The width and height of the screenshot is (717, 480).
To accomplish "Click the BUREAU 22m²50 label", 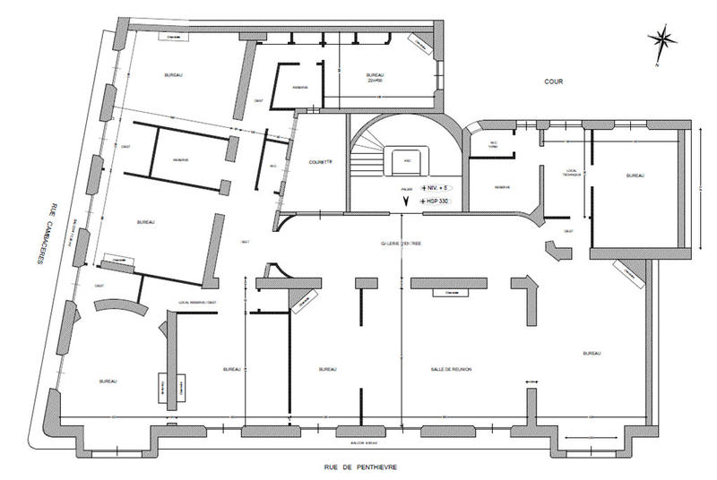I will pyautogui.click(x=375, y=78).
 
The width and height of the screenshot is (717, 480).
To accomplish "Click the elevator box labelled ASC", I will pyautogui.click(x=408, y=162).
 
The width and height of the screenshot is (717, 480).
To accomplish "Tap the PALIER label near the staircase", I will pyautogui.click(x=406, y=189).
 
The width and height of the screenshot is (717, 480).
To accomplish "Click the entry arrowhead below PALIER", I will pyautogui.click(x=406, y=202).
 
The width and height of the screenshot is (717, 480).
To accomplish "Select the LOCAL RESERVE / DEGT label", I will pyautogui.click(x=197, y=303).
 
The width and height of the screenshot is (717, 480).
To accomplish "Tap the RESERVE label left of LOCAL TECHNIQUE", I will pyautogui.click(x=501, y=186).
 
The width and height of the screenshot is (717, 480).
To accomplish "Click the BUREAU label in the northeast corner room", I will pyautogui.click(x=635, y=176).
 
